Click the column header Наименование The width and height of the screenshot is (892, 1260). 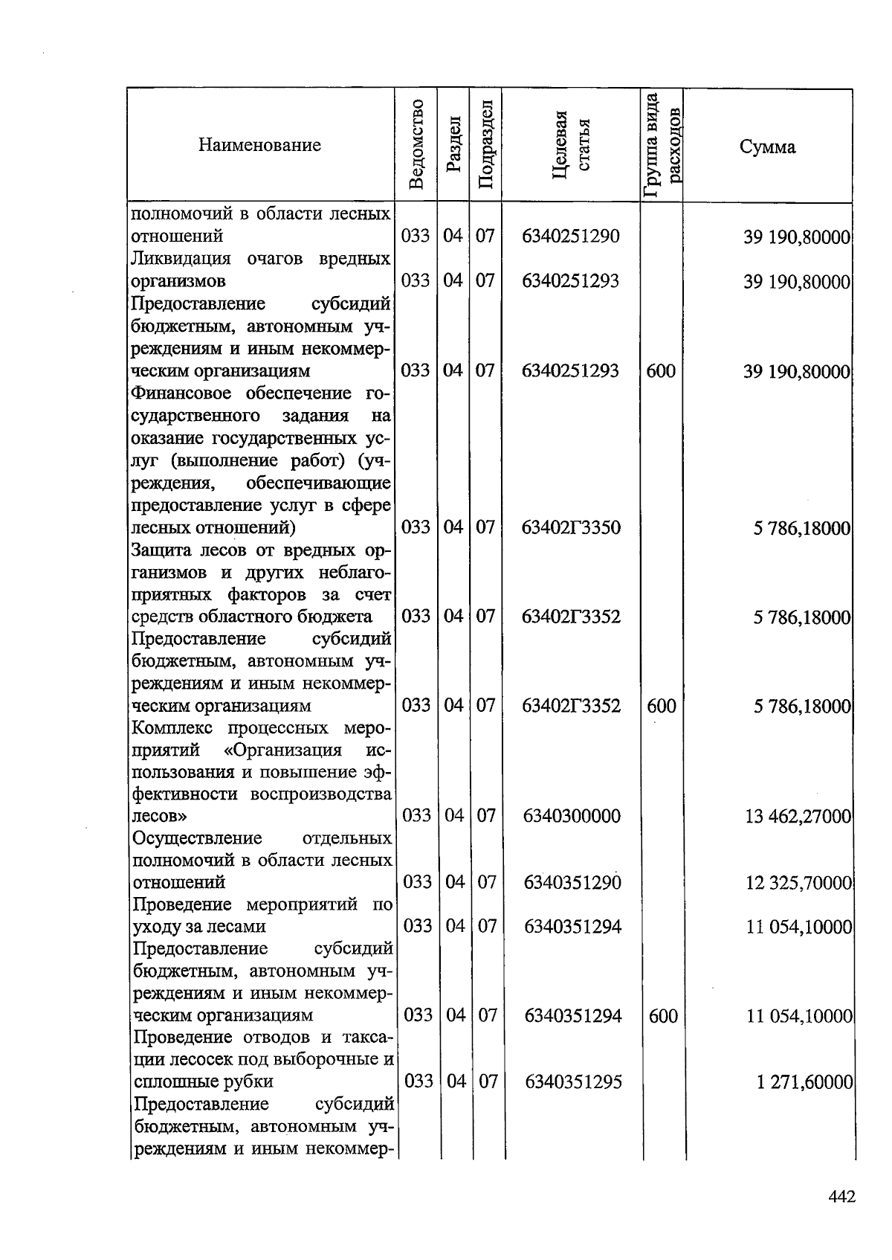259,145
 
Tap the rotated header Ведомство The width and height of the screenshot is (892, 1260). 417,144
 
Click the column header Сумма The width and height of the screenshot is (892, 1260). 767,147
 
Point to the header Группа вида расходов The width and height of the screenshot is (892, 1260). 662,145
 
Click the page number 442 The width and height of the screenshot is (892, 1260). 842,1197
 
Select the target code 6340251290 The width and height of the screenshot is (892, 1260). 570,237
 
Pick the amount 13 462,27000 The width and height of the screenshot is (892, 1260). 798,817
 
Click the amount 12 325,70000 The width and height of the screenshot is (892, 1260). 798,883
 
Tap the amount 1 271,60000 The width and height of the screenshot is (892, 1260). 804,1082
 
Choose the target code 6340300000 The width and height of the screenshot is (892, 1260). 572,816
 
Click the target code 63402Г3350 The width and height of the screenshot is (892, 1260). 570,527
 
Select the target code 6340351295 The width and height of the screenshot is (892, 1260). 573,1081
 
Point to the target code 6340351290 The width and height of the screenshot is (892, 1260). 572,882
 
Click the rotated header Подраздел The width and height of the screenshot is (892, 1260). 485,144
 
